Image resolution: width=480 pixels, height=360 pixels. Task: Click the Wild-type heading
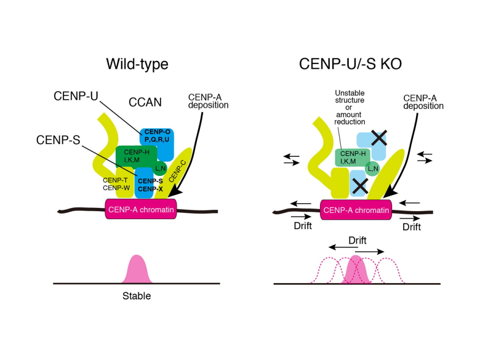(137, 65)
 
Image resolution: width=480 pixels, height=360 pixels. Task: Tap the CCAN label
(145, 102)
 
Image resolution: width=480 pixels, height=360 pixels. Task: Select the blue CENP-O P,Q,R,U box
(157, 135)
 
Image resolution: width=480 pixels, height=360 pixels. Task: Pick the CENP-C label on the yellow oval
(178, 169)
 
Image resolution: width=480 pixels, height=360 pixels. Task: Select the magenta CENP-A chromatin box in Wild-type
(141, 210)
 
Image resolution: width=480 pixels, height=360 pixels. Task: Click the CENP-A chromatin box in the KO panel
(356, 210)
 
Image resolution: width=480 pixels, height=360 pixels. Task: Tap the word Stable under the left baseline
(137, 296)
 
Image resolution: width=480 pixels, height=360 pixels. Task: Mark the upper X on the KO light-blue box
(379, 139)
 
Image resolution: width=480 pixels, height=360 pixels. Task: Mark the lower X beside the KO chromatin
(359, 186)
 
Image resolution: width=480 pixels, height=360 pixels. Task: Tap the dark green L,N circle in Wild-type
(160, 169)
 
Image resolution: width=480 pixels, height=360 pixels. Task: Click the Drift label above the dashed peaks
(357, 241)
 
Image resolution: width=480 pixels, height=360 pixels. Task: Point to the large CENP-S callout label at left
(56, 140)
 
